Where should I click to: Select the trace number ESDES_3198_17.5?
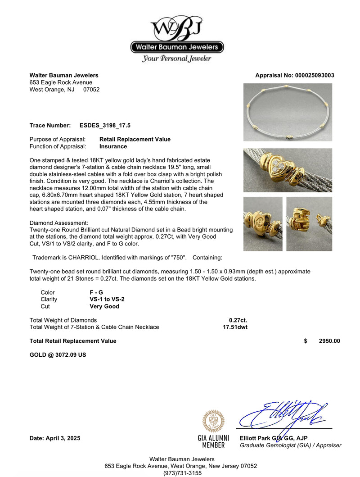point(105,125)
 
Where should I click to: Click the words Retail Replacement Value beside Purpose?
point(135,139)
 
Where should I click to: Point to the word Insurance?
point(113,146)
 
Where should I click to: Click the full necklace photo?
point(288,112)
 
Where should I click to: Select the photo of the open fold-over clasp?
point(309,224)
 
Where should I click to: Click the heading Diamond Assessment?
point(58,223)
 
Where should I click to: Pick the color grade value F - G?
point(96,292)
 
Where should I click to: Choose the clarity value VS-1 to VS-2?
point(107,299)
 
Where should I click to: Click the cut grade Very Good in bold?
point(104,306)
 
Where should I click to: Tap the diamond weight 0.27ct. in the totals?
point(238,320)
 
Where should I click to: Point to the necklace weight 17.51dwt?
point(235,327)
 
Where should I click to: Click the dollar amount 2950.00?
point(329,341)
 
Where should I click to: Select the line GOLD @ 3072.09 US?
point(58,354)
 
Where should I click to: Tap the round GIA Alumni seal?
point(213,422)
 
